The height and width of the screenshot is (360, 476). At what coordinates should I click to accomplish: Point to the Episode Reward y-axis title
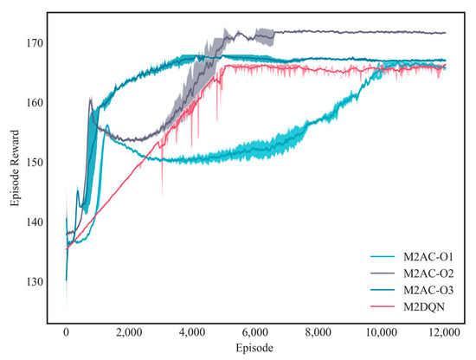click(x=15, y=164)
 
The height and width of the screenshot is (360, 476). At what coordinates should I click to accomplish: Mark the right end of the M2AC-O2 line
click(x=445, y=33)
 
